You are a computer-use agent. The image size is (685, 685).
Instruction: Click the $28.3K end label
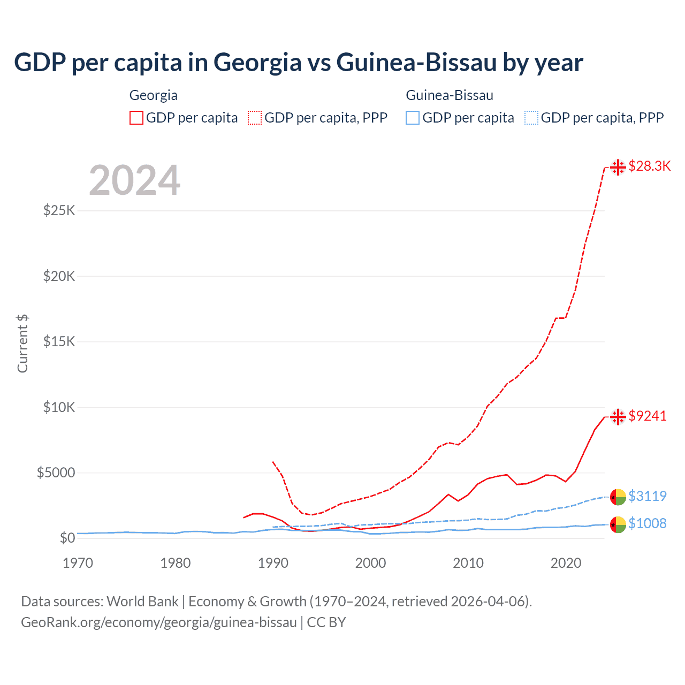pyautogui.click(x=649, y=166)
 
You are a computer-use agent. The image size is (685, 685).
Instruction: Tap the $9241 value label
pyautogui.click(x=648, y=416)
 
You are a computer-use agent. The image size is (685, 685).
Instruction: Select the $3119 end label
pyautogui.click(x=648, y=496)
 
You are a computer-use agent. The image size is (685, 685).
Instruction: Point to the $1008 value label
pyautogui.click(x=648, y=523)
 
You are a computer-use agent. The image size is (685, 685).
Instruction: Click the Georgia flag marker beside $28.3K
pyautogui.click(x=618, y=167)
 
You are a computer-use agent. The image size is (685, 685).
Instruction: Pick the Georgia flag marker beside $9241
pyautogui.click(x=618, y=416)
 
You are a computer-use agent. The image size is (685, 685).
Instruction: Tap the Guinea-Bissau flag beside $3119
pyautogui.click(x=618, y=497)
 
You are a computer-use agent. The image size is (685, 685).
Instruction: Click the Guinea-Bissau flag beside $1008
pyautogui.click(x=618, y=524)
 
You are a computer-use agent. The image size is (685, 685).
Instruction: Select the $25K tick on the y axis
pyautogui.click(x=59, y=210)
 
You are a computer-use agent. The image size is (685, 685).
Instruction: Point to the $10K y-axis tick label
pyautogui.click(x=59, y=407)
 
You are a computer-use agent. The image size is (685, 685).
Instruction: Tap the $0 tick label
pyautogui.click(x=67, y=538)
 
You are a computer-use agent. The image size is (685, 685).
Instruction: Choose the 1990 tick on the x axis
pyautogui.click(x=273, y=563)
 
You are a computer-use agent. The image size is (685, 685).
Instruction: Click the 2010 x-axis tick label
pyautogui.click(x=468, y=563)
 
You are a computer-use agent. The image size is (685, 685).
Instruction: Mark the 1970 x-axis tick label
pyautogui.click(x=78, y=563)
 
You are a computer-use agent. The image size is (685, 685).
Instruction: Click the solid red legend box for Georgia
pyautogui.click(x=136, y=118)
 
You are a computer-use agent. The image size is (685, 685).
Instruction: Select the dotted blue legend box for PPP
pyautogui.click(x=531, y=118)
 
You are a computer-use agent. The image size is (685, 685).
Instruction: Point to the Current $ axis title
pyautogui.click(x=22, y=344)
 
